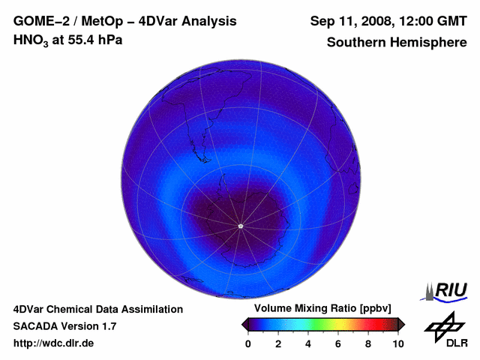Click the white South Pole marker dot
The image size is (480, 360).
coord(240,226)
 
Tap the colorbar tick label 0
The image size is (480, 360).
coord(248,343)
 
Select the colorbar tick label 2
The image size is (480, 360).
coord(278,343)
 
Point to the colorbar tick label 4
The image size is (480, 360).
coord(308,343)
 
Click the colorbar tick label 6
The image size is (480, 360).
coord(338,343)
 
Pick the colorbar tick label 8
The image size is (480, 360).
coord(368,343)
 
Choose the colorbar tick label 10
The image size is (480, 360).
coord(397,343)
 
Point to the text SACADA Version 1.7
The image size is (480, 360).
coord(64,326)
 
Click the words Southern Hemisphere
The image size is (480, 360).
coord(396,43)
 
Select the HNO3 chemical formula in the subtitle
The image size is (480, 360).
coord(31,40)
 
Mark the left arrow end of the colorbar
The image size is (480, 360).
coord(244,324)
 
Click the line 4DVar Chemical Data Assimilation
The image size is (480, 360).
coord(97,309)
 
